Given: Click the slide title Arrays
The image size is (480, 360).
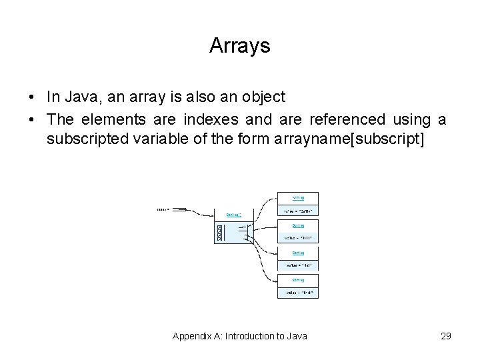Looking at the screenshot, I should point(239,46).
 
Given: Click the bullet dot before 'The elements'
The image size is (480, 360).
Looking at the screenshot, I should point(32,121).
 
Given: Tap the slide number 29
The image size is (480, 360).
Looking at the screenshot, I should point(445,336).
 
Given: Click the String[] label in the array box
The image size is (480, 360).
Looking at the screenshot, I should point(233,215).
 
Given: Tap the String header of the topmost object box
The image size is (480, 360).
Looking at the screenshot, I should point(298,198).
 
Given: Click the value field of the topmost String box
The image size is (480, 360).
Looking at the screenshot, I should point(298,211).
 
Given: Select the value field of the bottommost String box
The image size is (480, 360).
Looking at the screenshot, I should point(298,292).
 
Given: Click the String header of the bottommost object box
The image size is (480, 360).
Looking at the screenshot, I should point(298,280).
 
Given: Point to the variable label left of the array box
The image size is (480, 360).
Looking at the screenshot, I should point(163,209).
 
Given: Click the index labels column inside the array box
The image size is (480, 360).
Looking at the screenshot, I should point(219,233).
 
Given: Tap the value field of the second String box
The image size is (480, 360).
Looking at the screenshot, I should point(298,238).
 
